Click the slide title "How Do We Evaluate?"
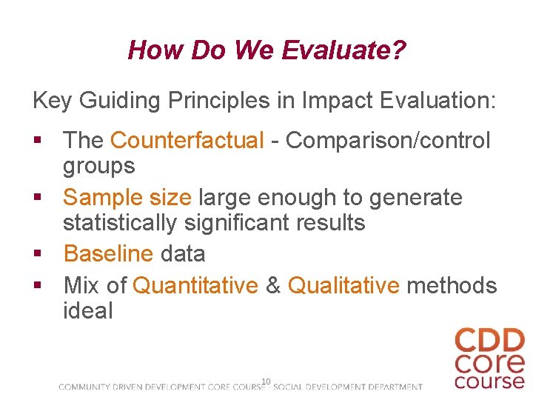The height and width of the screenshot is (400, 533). (266, 50)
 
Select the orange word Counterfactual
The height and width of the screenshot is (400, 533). (187, 140)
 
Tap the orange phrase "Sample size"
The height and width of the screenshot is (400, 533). (127, 198)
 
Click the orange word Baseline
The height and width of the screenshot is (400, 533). (108, 254)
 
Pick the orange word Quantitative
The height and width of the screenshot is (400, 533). (195, 285)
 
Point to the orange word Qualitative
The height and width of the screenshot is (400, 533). (343, 285)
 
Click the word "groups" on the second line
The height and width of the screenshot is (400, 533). (98, 166)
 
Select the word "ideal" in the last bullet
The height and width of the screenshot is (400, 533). (88, 311)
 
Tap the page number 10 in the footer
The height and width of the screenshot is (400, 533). (266, 381)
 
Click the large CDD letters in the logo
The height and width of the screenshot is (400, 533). (489, 342)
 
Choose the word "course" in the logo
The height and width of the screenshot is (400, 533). (489, 381)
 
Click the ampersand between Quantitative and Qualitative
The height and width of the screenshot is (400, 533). (273, 285)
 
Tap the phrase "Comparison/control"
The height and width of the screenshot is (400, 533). (388, 140)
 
